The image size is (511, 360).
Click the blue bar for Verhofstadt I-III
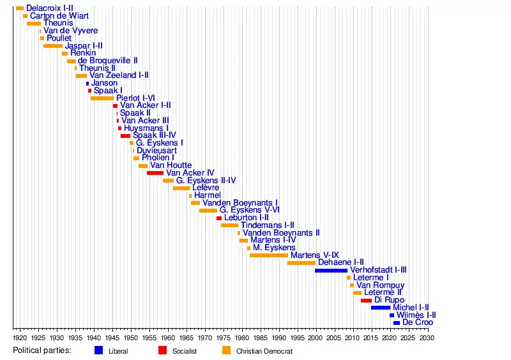pos(331,270)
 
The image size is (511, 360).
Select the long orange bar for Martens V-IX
pos(269,255)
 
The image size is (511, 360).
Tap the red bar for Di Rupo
pos(366,300)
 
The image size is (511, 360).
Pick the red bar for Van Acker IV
pos(155,173)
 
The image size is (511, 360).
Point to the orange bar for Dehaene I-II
pos(301,262)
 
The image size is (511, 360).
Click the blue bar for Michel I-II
pos(380,308)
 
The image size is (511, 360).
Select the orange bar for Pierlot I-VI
pos(102,98)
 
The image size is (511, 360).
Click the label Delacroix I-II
pos(49,8)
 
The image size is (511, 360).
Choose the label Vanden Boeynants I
pos(240,203)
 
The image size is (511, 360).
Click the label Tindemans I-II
pos(267,225)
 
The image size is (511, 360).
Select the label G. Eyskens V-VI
pos(249,210)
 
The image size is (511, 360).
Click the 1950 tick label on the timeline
pos(131,336)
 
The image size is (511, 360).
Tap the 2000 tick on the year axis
pos(316,336)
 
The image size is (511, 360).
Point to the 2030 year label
pos(427,336)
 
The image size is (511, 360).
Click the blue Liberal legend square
pos(98,350)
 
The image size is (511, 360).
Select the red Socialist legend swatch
pos(162,350)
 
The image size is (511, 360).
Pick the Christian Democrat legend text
pos(264,351)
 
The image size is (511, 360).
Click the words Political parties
pos(42,350)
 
